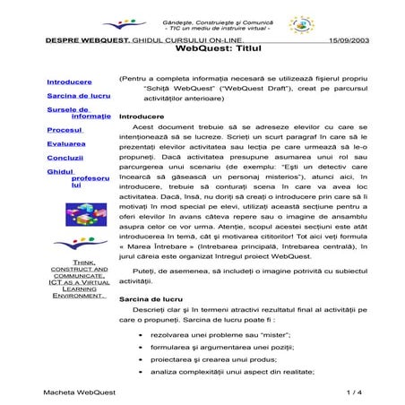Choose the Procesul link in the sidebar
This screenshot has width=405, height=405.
[65, 131]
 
